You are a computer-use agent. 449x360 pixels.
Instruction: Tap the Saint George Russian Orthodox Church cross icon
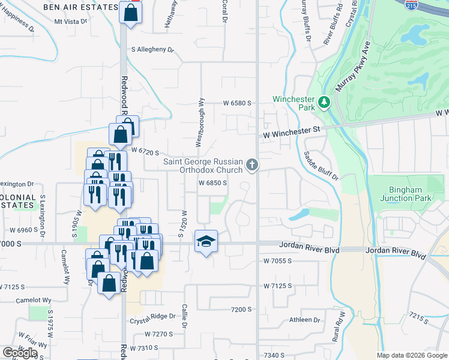pyautogui.click(x=252, y=164)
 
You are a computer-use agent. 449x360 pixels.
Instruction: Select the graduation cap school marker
pyautogui.click(x=206, y=241)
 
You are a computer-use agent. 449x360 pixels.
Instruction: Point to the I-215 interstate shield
pyautogui.click(x=411, y=5)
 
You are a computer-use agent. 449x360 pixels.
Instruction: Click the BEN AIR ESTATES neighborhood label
pyautogui.click(x=81, y=7)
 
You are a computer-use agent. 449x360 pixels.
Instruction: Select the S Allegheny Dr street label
pyautogui.click(x=152, y=50)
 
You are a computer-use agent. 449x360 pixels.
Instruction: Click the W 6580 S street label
pyautogui.click(x=237, y=103)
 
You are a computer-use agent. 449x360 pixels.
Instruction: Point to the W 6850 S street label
pyautogui.click(x=212, y=183)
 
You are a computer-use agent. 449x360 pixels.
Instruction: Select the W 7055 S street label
pyautogui.click(x=277, y=261)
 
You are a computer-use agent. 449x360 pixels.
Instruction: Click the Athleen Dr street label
pyautogui.click(x=306, y=320)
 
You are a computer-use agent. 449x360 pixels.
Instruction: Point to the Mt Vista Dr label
pyautogui.click(x=70, y=21)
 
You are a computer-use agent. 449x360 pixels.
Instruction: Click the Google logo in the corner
pyautogui.click(x=19, y=352)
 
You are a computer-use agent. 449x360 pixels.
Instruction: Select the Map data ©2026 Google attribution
pyautogui.click(x=411, y=355)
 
